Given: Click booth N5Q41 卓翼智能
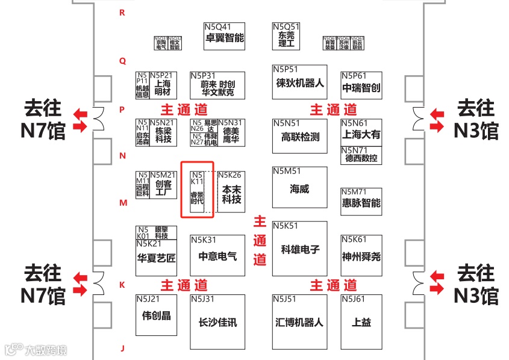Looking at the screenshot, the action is pyautogui.click(x=225, y=37).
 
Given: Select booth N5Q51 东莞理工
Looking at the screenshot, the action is pyautogui.click(x=286, y=37).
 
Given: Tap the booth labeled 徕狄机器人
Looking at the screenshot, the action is pyautogui.click(x=299, y=82).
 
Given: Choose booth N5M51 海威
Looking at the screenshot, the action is pyautogui.click(x=299, y=187).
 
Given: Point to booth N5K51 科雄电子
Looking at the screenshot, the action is pyautogui.click(x=299, y=249).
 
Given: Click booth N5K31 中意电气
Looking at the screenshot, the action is pyautogui.click(x=217, y=255).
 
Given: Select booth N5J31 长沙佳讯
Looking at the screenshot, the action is pyautogui.click(x=217, y=322).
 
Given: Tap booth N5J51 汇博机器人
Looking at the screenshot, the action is pyautogui.click(x=299, y=322).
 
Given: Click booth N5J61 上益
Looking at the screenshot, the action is pyautogui.click(x=361, y=322).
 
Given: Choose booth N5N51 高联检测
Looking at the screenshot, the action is pyautogui.click(x=299, y=136).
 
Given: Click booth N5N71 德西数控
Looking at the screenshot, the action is pyautogui.click(x=361, y=155).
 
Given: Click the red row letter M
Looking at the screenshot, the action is pyautogui.click(x=123, y=203).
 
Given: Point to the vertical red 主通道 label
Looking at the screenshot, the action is pyautogui.click(x=260, y=241).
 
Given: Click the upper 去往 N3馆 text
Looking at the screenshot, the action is pyautogui.click(x=476, y=119).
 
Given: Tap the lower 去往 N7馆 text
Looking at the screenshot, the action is pyautogui.click(x=43, y=284).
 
